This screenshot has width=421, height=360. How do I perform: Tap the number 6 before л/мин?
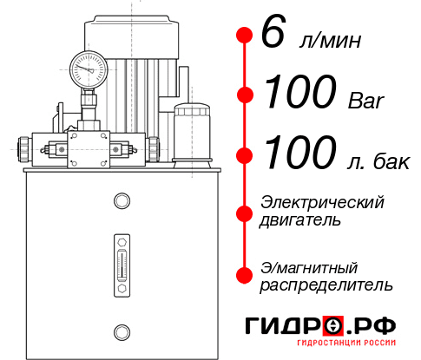tap(273, 35)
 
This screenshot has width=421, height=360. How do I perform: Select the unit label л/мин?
tap(328, 41)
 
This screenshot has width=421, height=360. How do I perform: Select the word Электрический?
tap(322, 202)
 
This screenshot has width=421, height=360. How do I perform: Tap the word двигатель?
tap(300, 220)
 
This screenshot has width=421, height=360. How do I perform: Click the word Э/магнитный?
tap(309, 266)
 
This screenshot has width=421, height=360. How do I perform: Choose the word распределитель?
tap(326, 285)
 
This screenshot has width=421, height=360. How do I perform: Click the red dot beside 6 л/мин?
tap(245, 36)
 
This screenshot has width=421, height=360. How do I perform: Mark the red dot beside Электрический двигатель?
tap(245, 212)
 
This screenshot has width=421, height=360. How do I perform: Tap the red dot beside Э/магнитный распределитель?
tap(245, 275)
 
